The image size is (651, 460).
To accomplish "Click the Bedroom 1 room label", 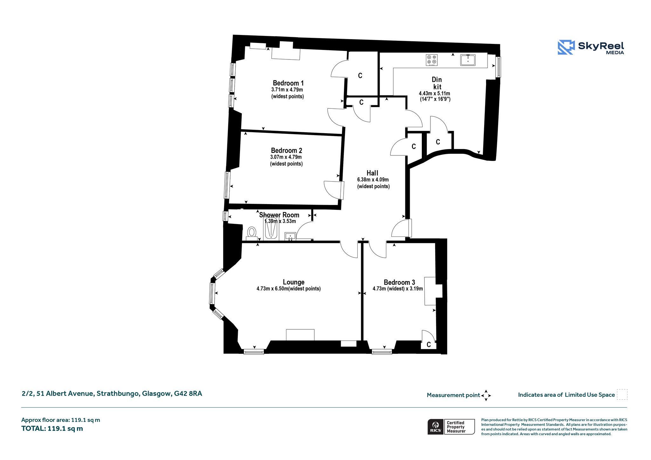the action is (x=288, y=83).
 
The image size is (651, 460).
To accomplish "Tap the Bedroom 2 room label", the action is (x=286, y=150).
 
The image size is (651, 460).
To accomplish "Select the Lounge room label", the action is (x=293, y=282).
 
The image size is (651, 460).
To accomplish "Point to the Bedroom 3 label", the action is (x=399, y=282).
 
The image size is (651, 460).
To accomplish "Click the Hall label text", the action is (x=372, y=173).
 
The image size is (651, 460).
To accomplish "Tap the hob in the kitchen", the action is (x=432, y=60).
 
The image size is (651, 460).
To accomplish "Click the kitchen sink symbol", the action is (x=468, y=60).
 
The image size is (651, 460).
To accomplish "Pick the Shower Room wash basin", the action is (x=290, y=237).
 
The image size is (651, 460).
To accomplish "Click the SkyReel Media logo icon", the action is (x=566, y=47).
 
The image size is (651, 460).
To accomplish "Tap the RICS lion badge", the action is (x=435, y=427).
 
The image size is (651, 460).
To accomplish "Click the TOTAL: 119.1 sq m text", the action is (x=52, y=429).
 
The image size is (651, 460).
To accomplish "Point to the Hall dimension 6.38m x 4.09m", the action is (x=373, y=180).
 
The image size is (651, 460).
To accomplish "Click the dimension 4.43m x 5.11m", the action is (x=435, y=93).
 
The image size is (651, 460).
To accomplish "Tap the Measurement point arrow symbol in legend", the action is (x=486, y=395).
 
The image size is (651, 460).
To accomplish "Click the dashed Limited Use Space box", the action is (x=622, y=394).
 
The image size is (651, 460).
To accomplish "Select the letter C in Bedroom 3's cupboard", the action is (x=429, y=345).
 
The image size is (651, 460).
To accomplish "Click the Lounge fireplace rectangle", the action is (x=300, y=335).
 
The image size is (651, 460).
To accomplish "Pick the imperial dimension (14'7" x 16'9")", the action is (x=435, y=99).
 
